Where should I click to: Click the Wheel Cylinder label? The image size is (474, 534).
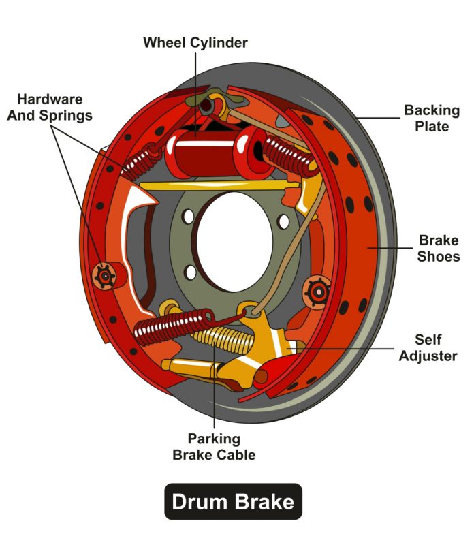(195, 43)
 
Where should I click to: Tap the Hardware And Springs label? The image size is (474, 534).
(50, 107)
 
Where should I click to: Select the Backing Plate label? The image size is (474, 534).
(431, 118)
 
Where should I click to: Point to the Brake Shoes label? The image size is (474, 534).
(439, 249)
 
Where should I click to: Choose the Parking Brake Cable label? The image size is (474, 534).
(215, 447)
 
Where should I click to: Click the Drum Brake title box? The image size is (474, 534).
(233, 502)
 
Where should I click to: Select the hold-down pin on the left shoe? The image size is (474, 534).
(104, 275)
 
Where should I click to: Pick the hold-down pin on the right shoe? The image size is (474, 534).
(317, 292)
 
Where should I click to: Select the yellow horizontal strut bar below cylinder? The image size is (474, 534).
(218, 185)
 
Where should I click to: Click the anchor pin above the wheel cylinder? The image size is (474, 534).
(207, 106)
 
